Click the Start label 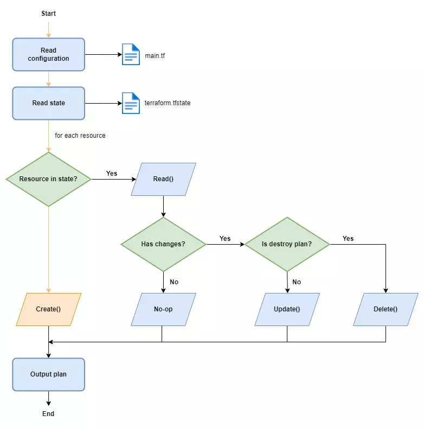click(49, 14)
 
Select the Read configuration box click(49, 55)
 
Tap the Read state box click(49, 103)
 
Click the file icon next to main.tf click(131, 54)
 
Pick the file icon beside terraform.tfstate click(131, 103)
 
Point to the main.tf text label click(155, 56)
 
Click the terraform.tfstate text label click(168, 103)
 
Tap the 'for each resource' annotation click(80, 136)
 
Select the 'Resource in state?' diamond click(49, 179)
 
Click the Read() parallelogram click(163, 179)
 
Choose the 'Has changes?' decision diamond click(163, 244)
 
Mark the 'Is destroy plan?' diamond click(287, 244)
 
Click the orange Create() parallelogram click(49, 309)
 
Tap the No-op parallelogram click(163, 309)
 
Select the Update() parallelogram click(287, 309)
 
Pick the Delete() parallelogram click(386, 309)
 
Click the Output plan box click(49, 374)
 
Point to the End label click(48, 414)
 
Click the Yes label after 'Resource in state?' click(112, 174)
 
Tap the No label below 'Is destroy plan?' click(297, 282)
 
